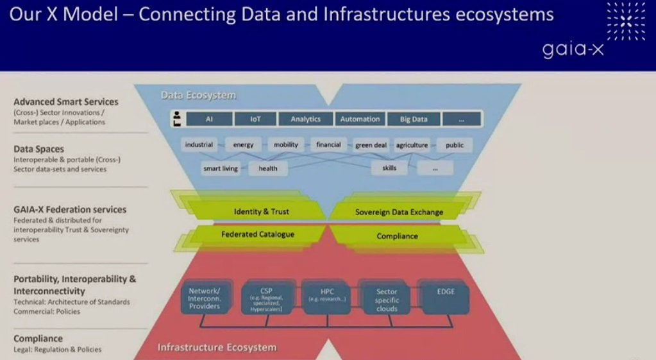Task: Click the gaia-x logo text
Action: coord(573,49)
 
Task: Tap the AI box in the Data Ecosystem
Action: coord(209,119)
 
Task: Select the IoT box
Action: coord(255,119)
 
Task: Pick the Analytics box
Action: coord(305,119)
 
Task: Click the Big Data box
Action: coord(414,119)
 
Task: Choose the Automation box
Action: coord(360,119)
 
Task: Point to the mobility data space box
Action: coord(286,145)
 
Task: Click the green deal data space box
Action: coord(371,145)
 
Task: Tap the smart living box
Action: coord(221,168)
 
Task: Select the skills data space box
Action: coord(389,168)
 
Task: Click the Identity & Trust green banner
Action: coord(261,211)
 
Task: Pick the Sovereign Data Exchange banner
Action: coord(399,212)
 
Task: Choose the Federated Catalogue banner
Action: coord(257,234)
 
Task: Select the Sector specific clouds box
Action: coord(387,300)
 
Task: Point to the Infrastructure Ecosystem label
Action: coord(217,348)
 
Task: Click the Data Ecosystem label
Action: coord(198,96)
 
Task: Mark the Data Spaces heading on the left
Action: coord(39,149)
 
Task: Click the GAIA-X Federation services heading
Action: coord(70,209)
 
